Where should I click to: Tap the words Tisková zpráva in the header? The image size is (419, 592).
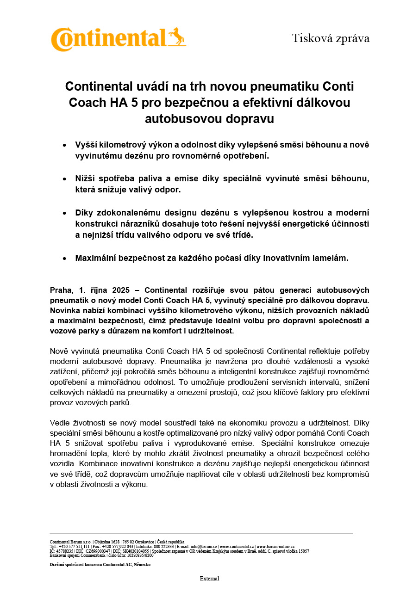[x=331, y=38]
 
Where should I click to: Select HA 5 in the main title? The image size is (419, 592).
[x=119, y=102]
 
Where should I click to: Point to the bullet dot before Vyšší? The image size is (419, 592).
[x=64, y=145]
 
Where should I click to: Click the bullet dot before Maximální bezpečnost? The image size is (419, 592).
[x=64, y=259]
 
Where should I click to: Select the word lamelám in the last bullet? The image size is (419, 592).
[x=330, y=259]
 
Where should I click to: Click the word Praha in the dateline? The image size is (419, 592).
[x=62, y=290]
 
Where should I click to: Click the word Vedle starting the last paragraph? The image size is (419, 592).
[x=61, y=423]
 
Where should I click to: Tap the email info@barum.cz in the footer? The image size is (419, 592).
[x=204, y=547]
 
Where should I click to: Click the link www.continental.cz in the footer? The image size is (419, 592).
[x=237, y=547]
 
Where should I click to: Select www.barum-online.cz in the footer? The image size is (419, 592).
[x=275, y=547]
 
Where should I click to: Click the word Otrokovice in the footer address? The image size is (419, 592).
[x=144, y=542]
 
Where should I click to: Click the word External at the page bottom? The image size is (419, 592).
[x=209, y=579]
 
